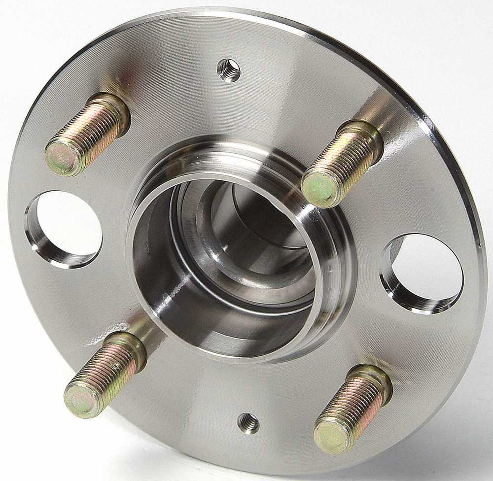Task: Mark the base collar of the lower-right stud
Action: pos(378,379)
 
